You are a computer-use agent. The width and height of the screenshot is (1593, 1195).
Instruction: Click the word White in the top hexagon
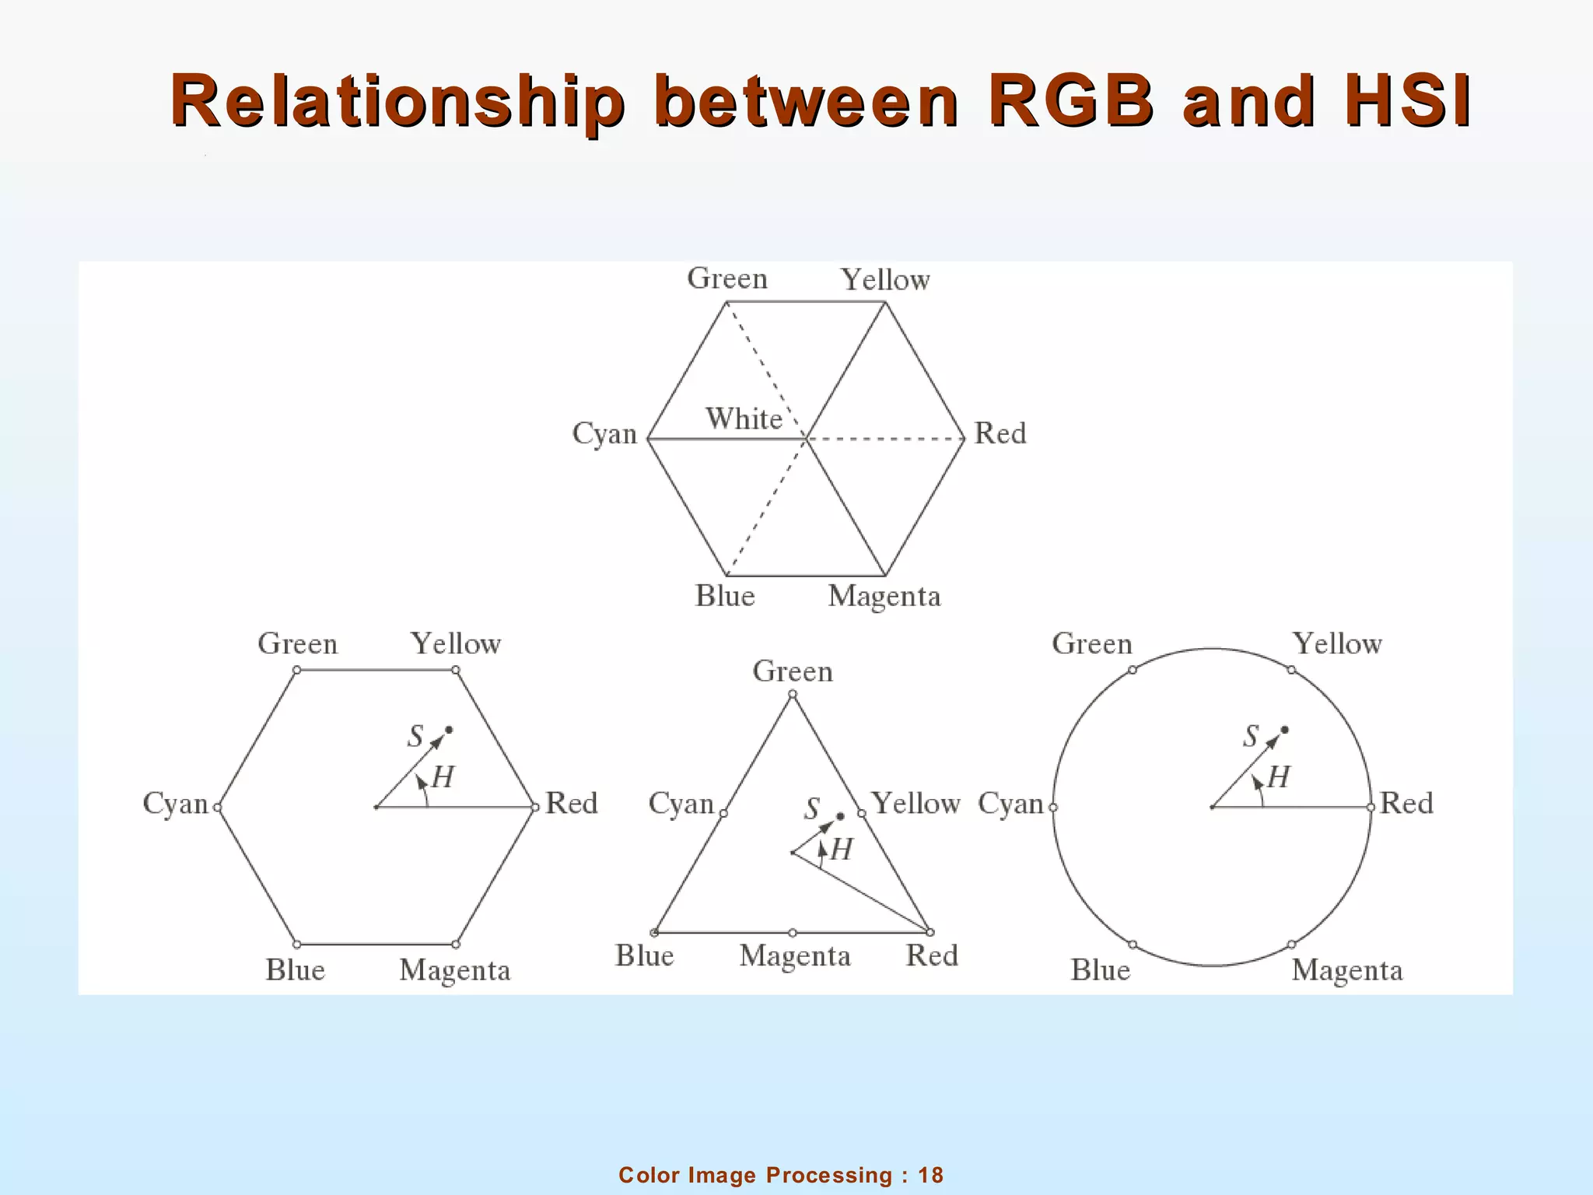pyautogui.click(x=744, y=419)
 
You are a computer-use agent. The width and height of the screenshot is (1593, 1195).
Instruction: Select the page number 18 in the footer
pyautogui.click(x=930, y=1175)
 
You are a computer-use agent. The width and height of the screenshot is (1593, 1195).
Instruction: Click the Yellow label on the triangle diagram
pyautogui.click(x=916, y=804)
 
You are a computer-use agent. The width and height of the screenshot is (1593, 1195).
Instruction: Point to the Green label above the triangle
pyautogui.click(x=793, y=671)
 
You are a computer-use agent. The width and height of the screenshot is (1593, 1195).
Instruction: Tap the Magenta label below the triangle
pyautogui.click(x=794, y=955)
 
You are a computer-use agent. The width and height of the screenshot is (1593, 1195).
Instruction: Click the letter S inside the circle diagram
pyautogui.click(x=1250, y=736)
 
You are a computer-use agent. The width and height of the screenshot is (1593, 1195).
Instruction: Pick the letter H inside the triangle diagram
pyautogui.click(x=841, y=850)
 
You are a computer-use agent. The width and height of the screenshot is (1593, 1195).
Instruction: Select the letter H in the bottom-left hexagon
pyautogui.click(x=443, y=777)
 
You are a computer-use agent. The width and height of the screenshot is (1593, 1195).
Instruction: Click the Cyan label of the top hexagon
pyautogui.click(x=604, y=433)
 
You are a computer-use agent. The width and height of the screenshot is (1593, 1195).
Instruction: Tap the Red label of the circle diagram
pyautogui.click(x=1406, y=803)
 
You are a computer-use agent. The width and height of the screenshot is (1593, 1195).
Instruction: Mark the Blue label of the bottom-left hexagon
pyautogui.click(x=295, y=970)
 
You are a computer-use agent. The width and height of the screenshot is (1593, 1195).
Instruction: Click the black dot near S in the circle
pyautogui.click(x=1284, y=730)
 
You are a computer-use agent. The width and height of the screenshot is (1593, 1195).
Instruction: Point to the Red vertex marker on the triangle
pyautogui.click(x=930, y=932)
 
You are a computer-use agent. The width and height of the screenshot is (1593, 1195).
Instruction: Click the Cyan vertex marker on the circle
pyautogui.click(x=1053, y=808)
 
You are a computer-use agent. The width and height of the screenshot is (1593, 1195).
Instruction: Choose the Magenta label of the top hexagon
pyautogui.click(x=884, y=597)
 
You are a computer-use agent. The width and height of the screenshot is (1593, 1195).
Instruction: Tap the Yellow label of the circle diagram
pyautogui.click(x=1337, y=644)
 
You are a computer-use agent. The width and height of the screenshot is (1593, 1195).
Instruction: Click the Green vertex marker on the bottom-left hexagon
pyautogui.click(x=296, y=670)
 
